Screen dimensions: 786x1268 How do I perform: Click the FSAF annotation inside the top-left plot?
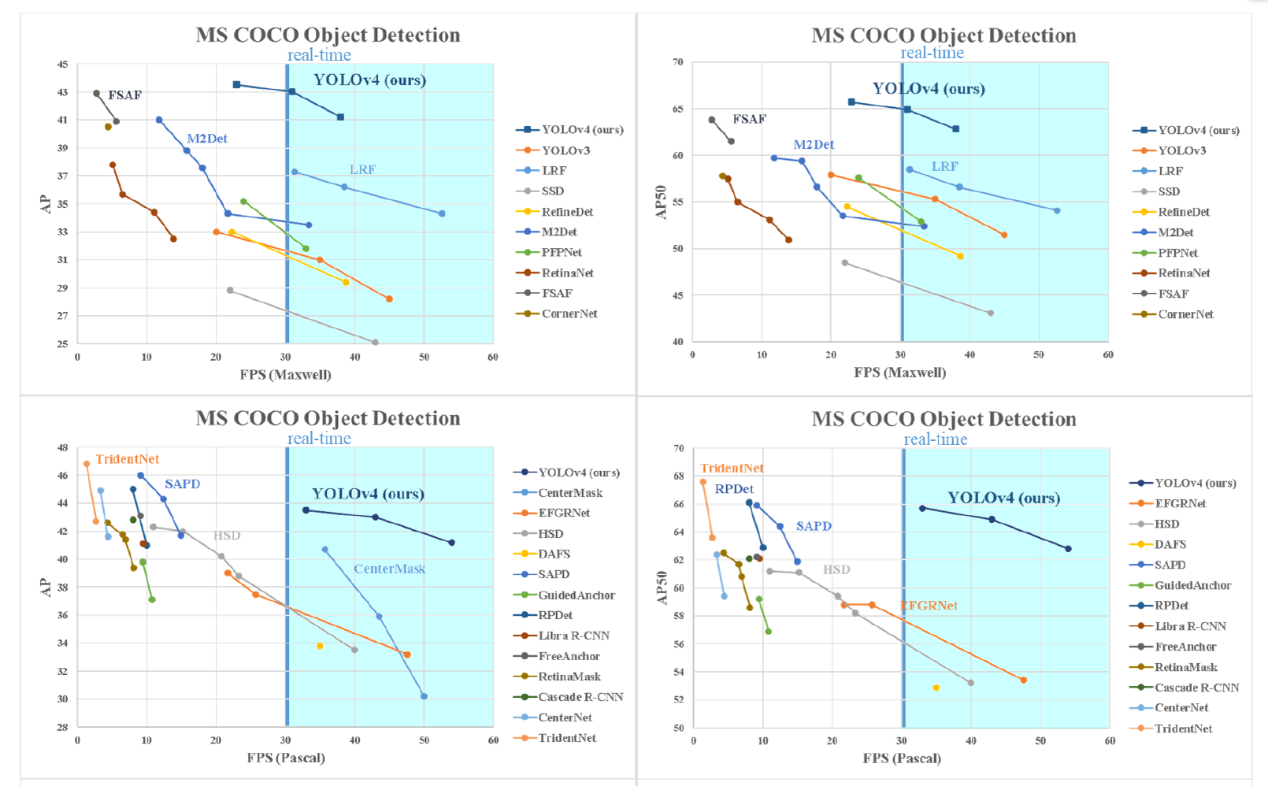(124, 95)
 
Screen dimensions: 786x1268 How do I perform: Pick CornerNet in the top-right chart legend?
(1185, 314)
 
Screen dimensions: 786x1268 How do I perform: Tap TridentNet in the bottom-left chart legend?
(567, 738)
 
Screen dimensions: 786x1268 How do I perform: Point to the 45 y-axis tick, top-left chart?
(62, 65)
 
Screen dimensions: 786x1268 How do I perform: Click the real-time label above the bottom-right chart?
(936, 439)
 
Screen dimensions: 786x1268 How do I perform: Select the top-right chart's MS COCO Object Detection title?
(944, 35)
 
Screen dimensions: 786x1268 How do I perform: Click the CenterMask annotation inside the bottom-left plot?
(389, 569)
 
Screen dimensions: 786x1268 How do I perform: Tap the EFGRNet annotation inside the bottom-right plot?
(929, 606)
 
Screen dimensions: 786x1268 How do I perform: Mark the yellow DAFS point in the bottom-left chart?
(320, 647)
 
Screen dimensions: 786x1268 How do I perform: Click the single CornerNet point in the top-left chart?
(108, 127)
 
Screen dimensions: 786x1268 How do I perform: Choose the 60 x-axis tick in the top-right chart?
(1108, 355)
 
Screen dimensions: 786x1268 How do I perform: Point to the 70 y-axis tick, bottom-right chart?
(679, 449)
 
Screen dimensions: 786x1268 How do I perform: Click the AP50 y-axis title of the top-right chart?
(662, 202)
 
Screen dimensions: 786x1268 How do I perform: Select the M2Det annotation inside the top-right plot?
(814, 145)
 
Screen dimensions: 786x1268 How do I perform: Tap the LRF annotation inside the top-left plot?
(363, 169)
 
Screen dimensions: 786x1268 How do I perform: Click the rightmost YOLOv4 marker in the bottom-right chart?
(1068, 549)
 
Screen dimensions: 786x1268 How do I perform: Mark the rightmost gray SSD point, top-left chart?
(375, 343)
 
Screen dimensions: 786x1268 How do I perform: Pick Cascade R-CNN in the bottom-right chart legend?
(1196, 688)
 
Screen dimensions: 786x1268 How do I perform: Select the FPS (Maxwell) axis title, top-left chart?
(285, 375)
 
